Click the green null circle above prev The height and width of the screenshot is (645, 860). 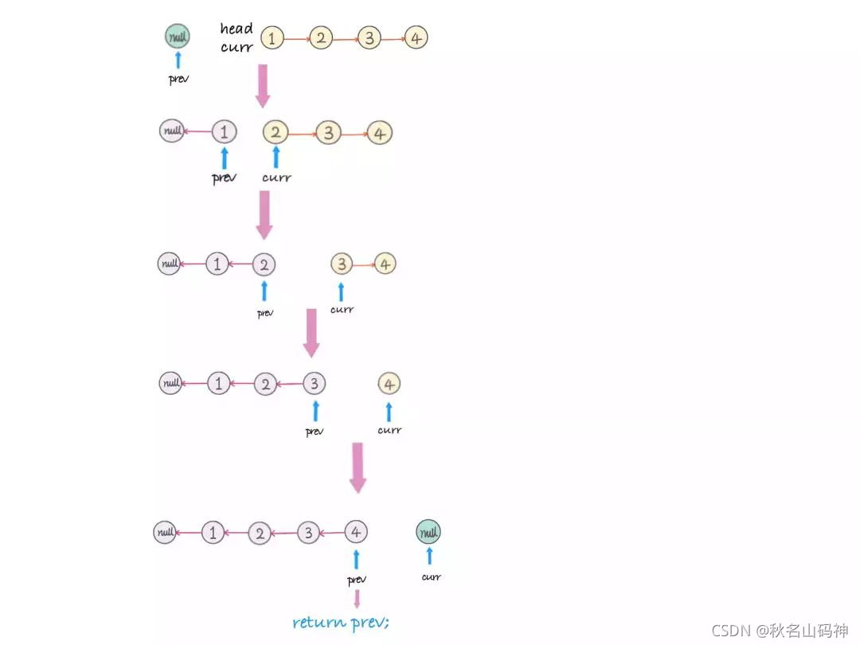click(178, 36)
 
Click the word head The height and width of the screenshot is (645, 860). click(236, 29)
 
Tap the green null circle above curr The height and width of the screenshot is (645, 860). click(428, 531)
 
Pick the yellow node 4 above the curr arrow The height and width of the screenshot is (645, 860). click(389, 385)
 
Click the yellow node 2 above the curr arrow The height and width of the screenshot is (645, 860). click(276, 132)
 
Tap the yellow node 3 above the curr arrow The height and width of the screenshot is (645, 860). click(342, 264)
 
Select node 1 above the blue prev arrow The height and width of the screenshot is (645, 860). click(225, 131)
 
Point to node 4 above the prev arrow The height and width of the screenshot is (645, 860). click(356, 531)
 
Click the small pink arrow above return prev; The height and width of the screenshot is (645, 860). click(357, 599)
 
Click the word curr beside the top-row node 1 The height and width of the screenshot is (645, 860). click(237, 47)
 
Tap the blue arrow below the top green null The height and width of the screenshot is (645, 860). click(178, 61)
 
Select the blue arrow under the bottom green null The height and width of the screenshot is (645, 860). click(429, 556)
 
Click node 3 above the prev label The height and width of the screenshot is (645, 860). click(315, 385)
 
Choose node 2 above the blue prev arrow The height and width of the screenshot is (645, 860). click(264, 264)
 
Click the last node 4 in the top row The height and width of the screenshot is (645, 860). click(416, 37)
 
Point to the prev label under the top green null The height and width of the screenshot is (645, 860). click(178, 80)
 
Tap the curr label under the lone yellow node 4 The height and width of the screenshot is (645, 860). click(389, 431)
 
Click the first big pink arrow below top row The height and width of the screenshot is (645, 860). click(263, 85)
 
